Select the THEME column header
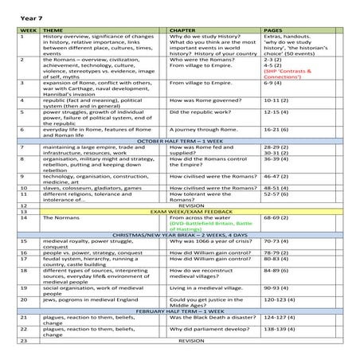[x=53, y=29]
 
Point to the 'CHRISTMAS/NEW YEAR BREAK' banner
[x=180, y=237]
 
